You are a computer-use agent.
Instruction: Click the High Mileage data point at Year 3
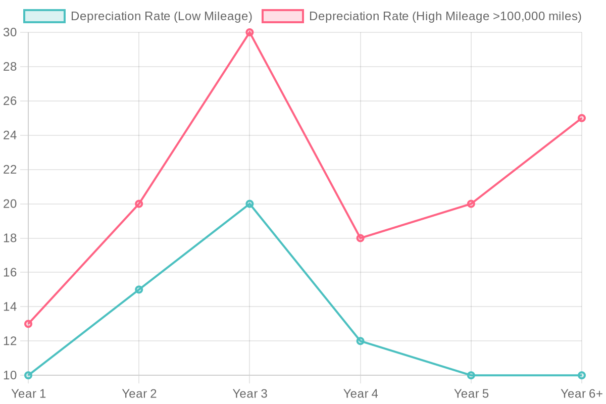(249, 32)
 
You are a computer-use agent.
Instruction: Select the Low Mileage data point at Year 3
(249, 204)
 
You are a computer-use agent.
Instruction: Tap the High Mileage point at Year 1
(28, 324)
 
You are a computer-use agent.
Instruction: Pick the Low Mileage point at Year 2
(139, 289)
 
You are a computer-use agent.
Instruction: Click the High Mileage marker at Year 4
(361, 238)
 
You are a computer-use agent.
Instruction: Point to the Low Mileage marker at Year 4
(361, 341)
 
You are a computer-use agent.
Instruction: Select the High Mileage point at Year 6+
(582, 118)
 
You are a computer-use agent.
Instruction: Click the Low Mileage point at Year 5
(471, 375)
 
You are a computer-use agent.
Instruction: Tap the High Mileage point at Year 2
(139, 204)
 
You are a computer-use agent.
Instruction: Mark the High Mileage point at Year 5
(471, 204)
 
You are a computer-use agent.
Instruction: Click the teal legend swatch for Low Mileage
(44, 16)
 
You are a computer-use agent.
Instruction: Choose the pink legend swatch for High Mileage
(283, 16)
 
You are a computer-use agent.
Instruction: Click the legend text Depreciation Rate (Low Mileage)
(161, 16)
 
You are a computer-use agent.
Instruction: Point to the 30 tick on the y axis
(11, 32)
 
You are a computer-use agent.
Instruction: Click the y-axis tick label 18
(11, 238)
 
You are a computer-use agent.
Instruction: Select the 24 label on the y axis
(11, 135)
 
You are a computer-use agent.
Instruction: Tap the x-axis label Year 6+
(582, 393)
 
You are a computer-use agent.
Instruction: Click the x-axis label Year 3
(249, 393)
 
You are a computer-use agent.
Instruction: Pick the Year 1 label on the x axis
(28, 393)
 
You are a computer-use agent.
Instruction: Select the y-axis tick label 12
(11, 341)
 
